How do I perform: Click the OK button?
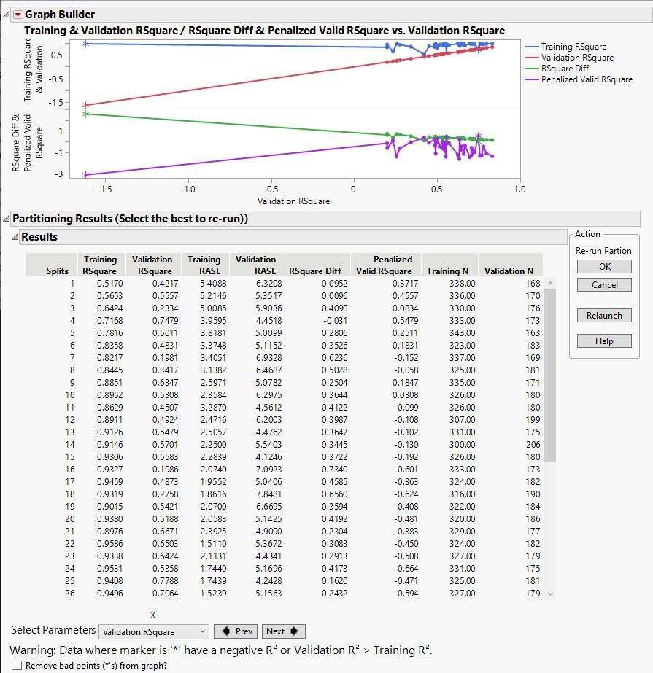tap(604, 266)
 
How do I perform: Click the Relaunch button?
tap(604, 316)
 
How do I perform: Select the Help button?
tap(604, 341)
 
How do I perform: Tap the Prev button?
tap(236, 631)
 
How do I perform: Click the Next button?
tap(283, 631)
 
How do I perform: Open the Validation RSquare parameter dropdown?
tap(154, 632)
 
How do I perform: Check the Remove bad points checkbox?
tap(17, 665)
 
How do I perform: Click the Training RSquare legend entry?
tap(573, 47)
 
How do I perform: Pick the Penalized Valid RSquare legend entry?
tap(587, 79)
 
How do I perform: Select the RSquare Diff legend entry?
tap(565, 69)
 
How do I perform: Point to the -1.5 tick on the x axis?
tap(105, 190)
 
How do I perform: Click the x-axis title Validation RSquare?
tap(293, 201)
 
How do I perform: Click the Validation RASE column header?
tap(255, 265)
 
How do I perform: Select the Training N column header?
tap(448, 271)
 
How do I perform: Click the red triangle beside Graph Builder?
tap(18, 15)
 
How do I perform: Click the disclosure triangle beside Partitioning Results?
tap(6, 219)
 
